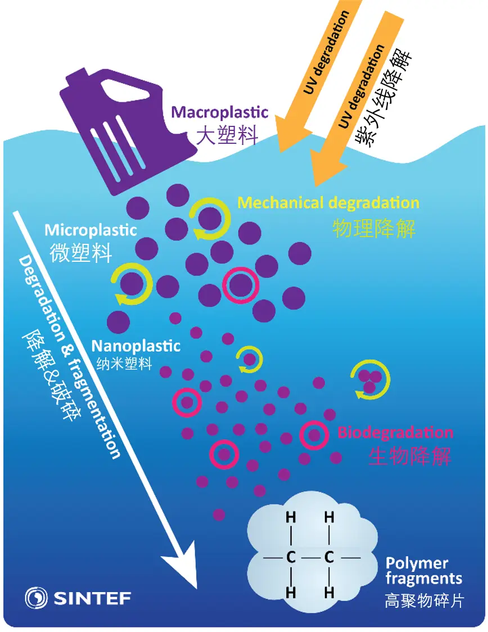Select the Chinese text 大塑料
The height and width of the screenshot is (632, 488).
(227, 135)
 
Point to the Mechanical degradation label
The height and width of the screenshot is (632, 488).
(328, 202)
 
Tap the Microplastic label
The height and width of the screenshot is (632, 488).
(91, 230)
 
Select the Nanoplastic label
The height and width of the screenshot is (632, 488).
(136, 345)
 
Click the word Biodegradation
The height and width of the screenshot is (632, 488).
(395, 433)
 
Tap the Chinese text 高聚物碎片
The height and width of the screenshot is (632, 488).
(425, 601)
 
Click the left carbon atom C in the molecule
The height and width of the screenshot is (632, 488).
(291, 558)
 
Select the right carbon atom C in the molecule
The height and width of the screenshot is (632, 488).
(329, 558)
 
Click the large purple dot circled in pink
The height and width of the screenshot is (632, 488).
(240, 285)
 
